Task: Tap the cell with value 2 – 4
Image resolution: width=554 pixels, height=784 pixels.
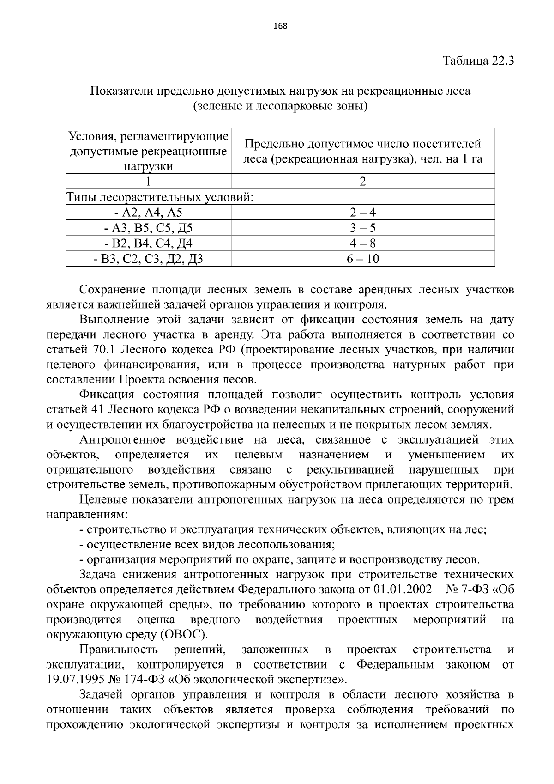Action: pyautogui.click(x=362, y=213)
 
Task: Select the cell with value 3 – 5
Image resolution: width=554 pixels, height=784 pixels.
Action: pyautogui.click(x=362, y=228)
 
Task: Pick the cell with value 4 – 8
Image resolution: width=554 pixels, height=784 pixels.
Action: pyautogui.click(x=362, y=243)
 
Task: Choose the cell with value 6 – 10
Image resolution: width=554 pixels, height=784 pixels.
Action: pyautogui.click(x=362, y=259)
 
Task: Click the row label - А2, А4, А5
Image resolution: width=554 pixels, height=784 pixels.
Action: pyautogui.click(x=148, y=213)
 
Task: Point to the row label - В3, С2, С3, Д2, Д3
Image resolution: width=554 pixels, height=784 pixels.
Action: pyautogui.click(x=148, y=259)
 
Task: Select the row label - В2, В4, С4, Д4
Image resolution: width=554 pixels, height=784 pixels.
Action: pyautogui.click(x=148, y=243)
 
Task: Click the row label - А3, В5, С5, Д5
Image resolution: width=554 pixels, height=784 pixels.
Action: pyautogui.click(x=148, y=228)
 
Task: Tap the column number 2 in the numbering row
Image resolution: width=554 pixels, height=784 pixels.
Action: pyautogui.click(x=362, y=181)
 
